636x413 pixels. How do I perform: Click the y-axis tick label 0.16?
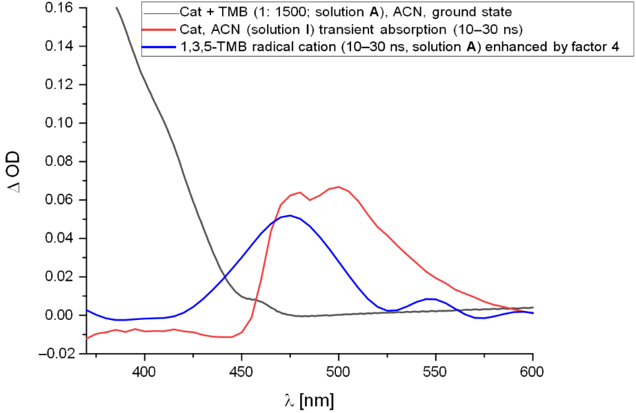(x=59, y=8)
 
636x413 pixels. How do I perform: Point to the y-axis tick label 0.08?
(x=59, y=162)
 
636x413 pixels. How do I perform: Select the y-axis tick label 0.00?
(x=59, y=315)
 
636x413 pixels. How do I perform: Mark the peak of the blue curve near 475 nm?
(x=290, y=216)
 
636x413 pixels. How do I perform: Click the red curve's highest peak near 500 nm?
(x=339, y=186)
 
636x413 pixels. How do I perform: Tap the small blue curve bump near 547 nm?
(x=429, y=299)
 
